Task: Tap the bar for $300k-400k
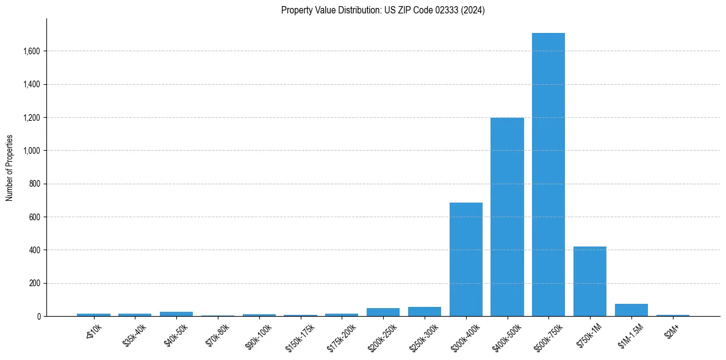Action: [465, 259]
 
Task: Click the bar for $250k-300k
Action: [424, 312]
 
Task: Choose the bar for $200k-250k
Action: [383, 312]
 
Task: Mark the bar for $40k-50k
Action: [176, 314]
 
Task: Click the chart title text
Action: [383, 10]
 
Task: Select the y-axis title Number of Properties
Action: [10, 168]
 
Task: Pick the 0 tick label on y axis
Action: [38, 317]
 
